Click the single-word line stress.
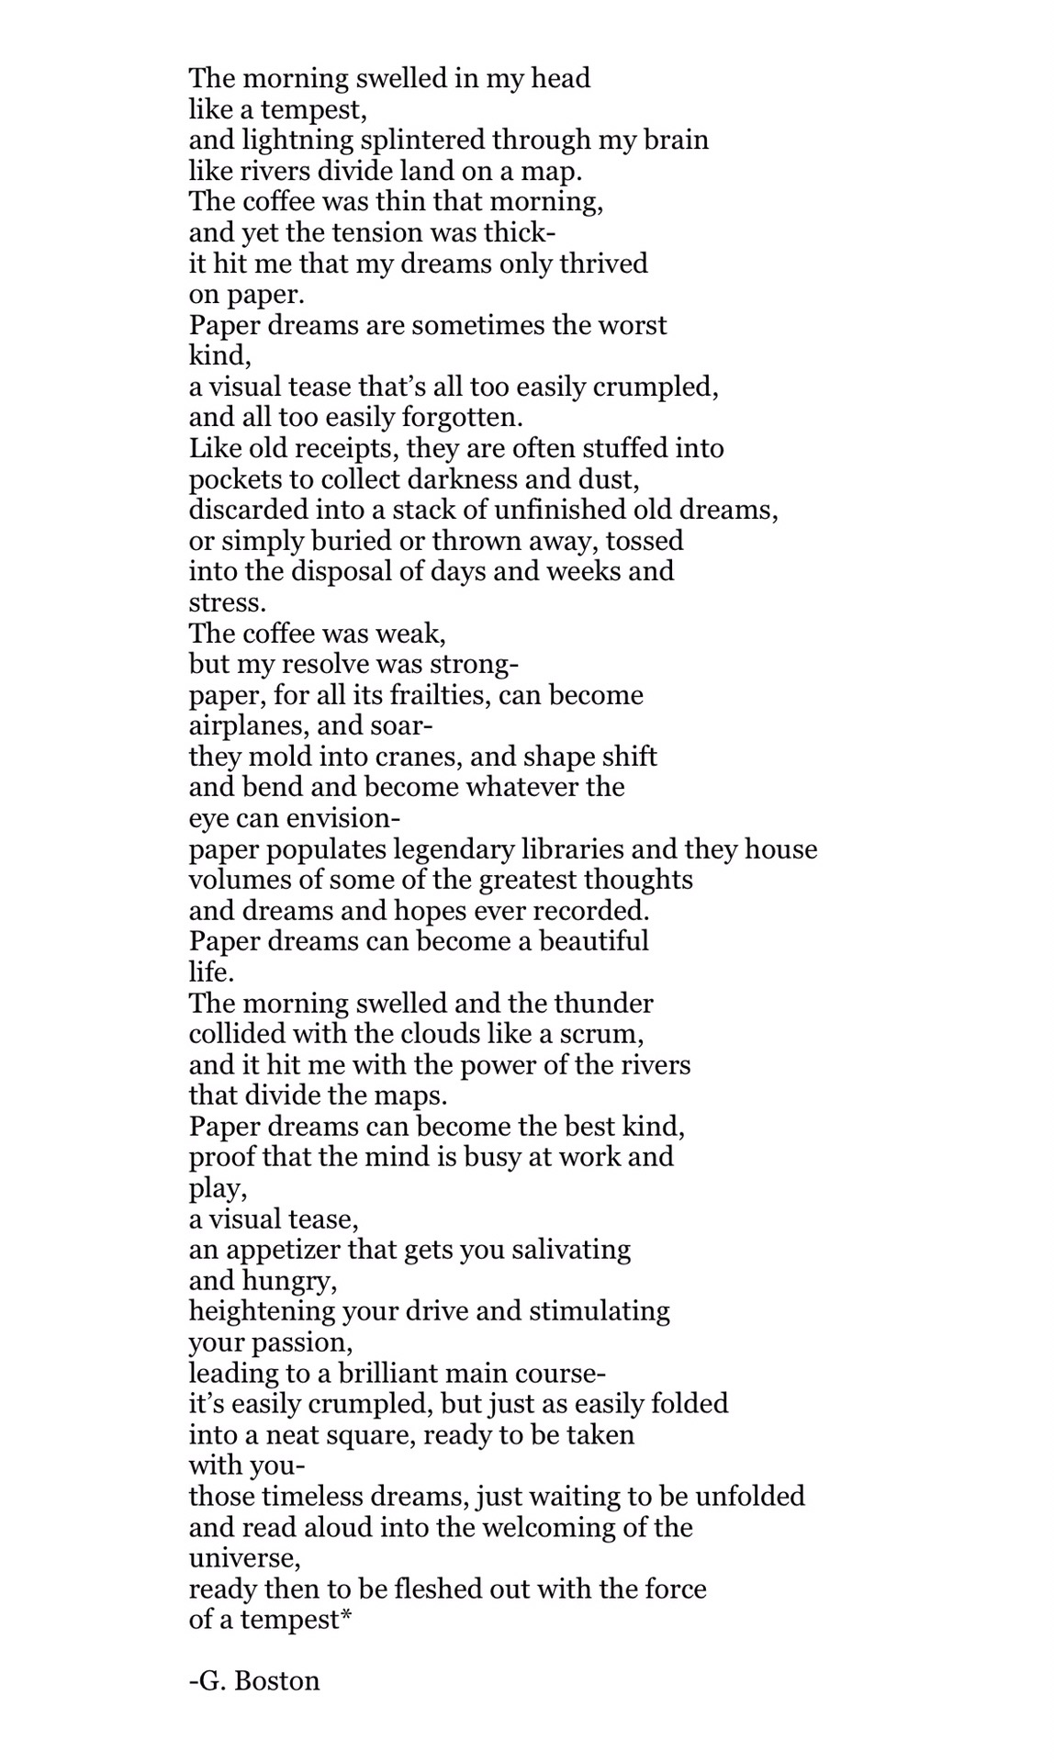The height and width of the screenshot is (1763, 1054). (226, 603)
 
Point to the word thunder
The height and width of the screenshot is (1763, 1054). (608, 1003)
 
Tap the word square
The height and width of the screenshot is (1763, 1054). (368, 1434)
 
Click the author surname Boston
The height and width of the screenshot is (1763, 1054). (277, 1681)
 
